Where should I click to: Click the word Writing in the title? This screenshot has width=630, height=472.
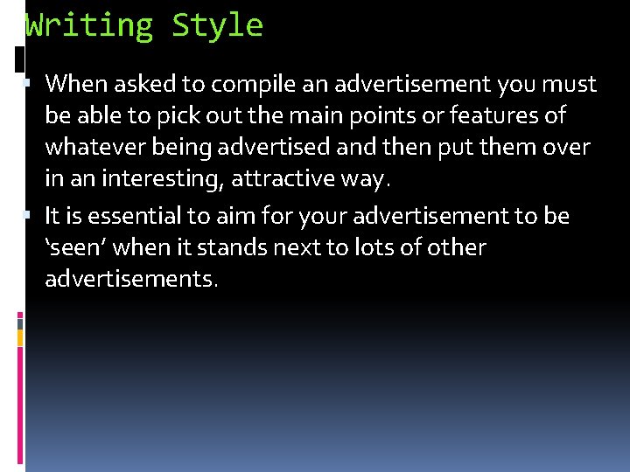89,26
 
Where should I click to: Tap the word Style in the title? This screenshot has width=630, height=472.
217,26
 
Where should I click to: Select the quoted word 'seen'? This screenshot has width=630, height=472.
75,247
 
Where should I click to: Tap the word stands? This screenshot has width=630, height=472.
232,247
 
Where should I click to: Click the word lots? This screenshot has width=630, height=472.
375,247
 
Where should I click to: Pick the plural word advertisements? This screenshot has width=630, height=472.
131,279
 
